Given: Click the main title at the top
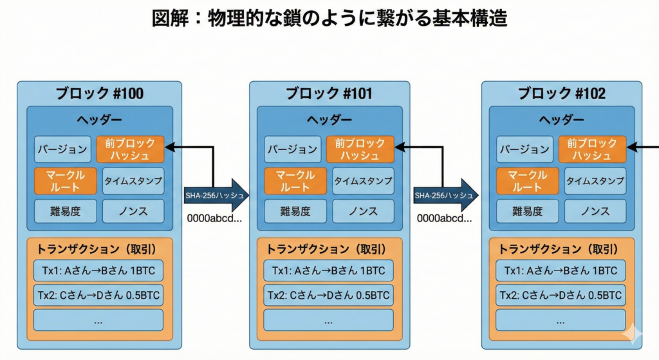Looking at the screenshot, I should [329, 19].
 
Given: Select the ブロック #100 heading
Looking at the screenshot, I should [99, 94].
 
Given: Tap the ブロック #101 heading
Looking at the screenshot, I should [329, 94].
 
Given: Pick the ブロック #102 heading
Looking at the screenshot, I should [562, 94].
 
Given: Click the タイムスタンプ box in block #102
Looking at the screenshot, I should [595, 181].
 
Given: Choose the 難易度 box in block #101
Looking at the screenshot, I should [293, 211].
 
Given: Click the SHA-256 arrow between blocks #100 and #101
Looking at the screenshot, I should [216, 194].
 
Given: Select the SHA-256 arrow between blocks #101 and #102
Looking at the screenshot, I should [445, 194].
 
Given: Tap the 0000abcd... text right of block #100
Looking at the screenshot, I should [214, 218].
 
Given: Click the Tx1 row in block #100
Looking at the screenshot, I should [98, 270].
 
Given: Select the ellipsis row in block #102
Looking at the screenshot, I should [561, 320].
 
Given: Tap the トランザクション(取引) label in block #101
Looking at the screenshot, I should [328, 249].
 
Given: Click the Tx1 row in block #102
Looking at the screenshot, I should [561, 270].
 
